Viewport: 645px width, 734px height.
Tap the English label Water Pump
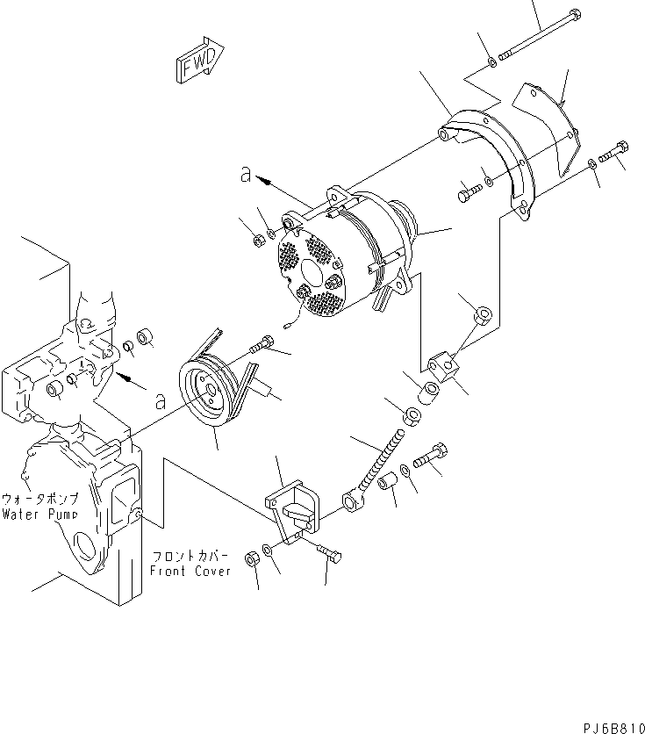coord(39,514)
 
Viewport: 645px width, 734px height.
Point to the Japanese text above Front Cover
coord(191,557)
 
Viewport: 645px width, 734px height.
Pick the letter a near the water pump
coord(159,402)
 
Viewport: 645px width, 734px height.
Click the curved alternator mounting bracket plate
coord(491,158)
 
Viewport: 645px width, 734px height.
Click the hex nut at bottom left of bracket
coord(251,556)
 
